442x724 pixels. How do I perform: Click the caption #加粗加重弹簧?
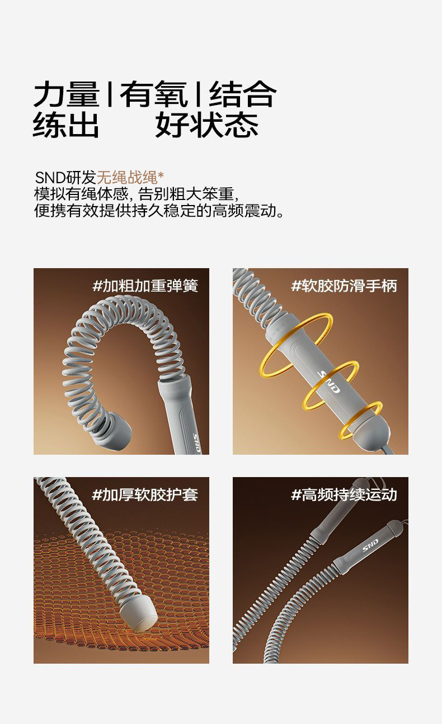pos(145,285)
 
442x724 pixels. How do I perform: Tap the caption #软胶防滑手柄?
pos(344,285)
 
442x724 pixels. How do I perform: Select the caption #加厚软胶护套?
pos(145,494)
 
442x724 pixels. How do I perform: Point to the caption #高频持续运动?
pos(344,494)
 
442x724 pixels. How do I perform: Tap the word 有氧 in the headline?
pos(153,94)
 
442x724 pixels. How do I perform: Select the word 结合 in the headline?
pos(243,94)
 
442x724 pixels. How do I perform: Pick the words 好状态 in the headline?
pos(207,125)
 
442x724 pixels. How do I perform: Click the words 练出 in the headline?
pos(66,125)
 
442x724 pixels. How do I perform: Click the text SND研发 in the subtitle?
pos(65,177)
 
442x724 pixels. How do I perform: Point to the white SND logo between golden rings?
pos(329,382)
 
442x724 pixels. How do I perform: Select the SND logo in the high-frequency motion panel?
pos(370,546)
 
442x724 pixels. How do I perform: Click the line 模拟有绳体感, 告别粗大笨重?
pos(137,194)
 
